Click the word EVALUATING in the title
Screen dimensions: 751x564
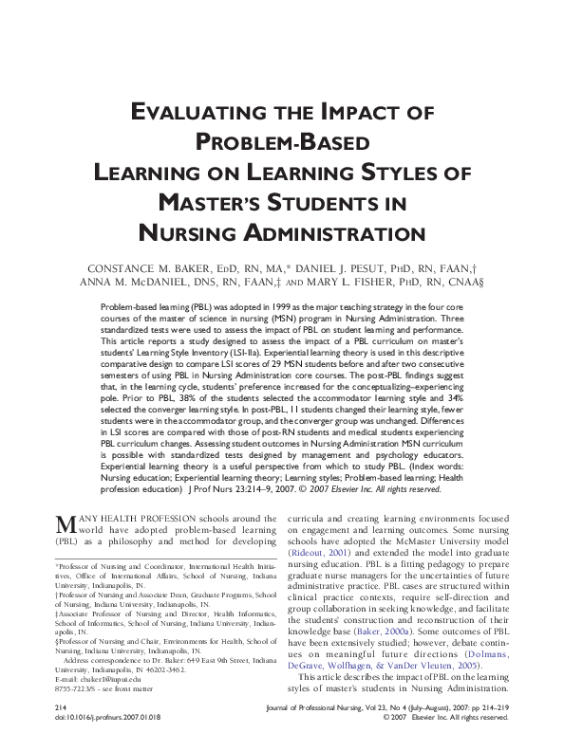coord(195,113)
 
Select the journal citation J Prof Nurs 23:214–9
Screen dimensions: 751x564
coord(271,489)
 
